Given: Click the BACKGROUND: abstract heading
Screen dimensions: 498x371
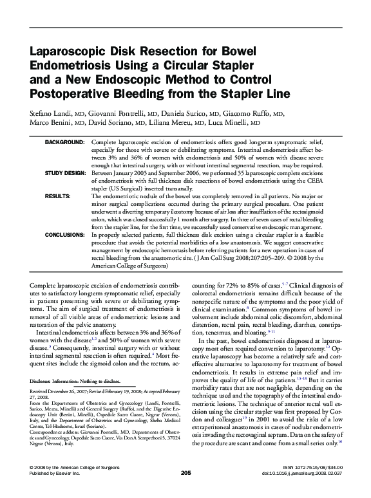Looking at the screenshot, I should (x=64, y=141).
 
